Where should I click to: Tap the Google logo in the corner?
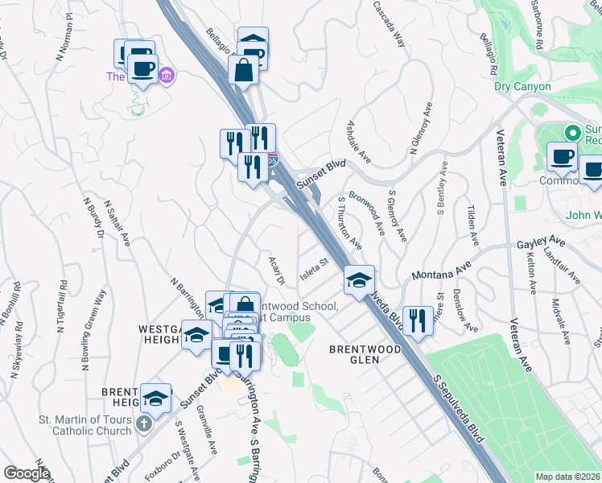[x=27, y=473]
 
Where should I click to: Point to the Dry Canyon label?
[x=522, y=86]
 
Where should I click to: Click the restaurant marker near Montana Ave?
[x=417, y=320]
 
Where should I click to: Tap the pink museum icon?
[x=167, y=76]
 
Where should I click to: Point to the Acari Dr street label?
[x=275, y=270]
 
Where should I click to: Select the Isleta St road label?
[x=315, y=263]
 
